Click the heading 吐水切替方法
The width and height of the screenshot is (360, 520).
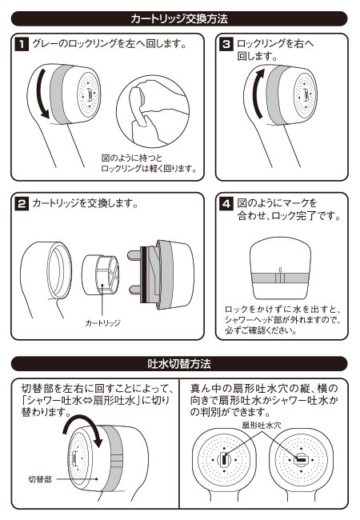[179, 365]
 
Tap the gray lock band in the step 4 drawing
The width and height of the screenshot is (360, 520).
[279, 280]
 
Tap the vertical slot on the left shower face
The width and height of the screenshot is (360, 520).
[226, 461]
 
